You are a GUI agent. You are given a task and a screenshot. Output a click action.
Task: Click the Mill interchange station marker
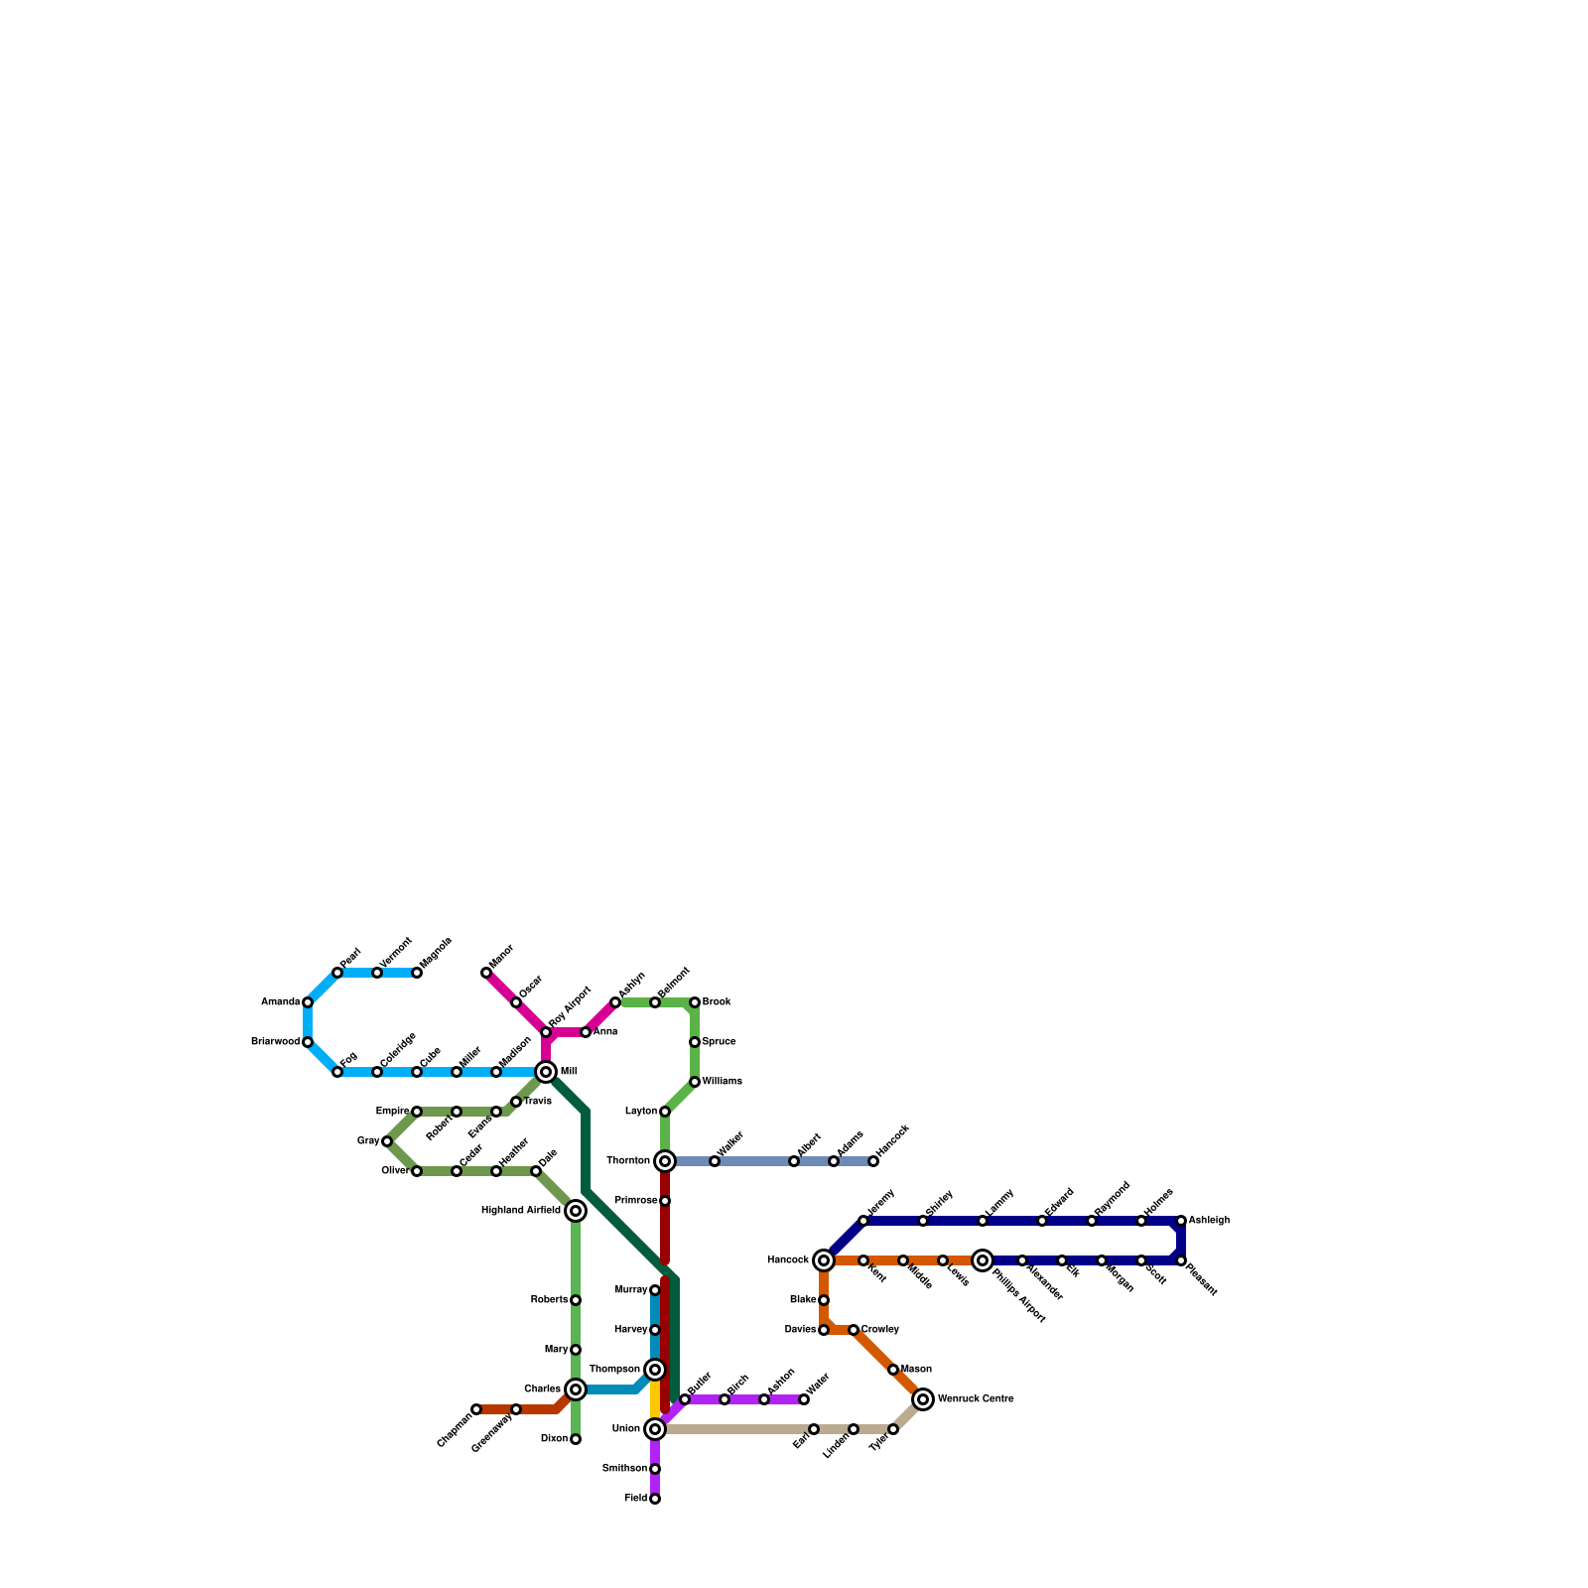[546, 1072]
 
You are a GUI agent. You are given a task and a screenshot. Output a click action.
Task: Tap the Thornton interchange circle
[665, 1161]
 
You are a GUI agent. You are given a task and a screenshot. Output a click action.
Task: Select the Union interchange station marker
[655, 1429]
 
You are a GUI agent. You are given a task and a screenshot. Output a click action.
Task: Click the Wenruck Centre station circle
[923, 1399]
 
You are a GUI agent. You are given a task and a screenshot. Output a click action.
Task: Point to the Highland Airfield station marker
[576, 1211]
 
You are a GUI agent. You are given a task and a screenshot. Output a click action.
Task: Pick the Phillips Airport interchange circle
[983, 1260]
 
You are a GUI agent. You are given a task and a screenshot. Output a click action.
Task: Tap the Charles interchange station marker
[576, 1389]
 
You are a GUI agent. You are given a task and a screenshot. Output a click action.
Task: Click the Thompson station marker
[655, 1370]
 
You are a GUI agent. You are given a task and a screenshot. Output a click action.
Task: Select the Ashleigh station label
[1209, 1221]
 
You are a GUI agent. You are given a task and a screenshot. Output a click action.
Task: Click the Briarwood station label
[275, 1042]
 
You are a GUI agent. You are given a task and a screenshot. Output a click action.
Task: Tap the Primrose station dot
[665, 1201]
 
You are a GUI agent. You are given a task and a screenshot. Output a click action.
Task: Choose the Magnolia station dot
[417, 973]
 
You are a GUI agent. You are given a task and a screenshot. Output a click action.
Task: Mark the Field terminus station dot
[655, 1499]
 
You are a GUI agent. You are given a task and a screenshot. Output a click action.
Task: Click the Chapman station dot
[476, 1409]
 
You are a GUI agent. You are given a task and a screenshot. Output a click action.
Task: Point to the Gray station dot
[387, 1141]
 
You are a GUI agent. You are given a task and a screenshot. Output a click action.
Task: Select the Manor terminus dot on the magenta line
[486, 973]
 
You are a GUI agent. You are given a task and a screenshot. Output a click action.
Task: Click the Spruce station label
[719, 1042]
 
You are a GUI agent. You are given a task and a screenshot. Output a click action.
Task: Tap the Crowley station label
[879, 1330]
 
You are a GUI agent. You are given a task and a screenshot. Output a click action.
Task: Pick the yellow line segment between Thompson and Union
[655, 1399]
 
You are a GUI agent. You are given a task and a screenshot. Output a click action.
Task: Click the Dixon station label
[554, 1439]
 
